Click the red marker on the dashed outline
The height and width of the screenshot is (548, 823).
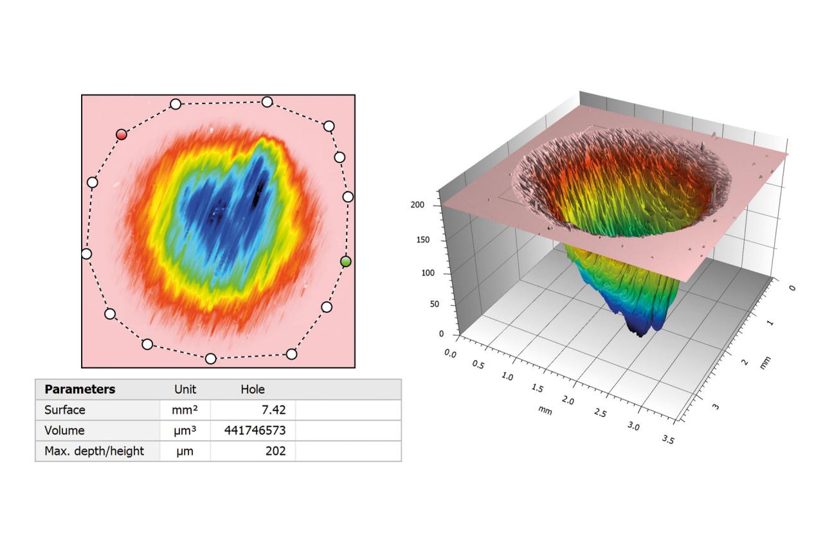pos(122,134)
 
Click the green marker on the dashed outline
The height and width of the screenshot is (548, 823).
pos(346,261)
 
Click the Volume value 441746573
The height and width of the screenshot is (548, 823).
pos(255,430)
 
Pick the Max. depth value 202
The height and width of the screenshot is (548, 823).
pos(275,451)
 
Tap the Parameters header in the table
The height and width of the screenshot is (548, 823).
pos(80,389)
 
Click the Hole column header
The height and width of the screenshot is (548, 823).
pos(253,389)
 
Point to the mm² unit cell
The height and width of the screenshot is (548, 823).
pos(185,410)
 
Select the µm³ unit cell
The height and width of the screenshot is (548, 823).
pos(185,430)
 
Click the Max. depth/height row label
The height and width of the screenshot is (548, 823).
pos(94,451)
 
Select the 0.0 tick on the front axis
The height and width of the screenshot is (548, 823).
pos(449,354)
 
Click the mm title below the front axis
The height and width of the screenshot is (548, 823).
pos(545,409)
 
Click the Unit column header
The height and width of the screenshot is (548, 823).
pos(185,389)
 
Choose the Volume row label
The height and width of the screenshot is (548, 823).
pos(64,430)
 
